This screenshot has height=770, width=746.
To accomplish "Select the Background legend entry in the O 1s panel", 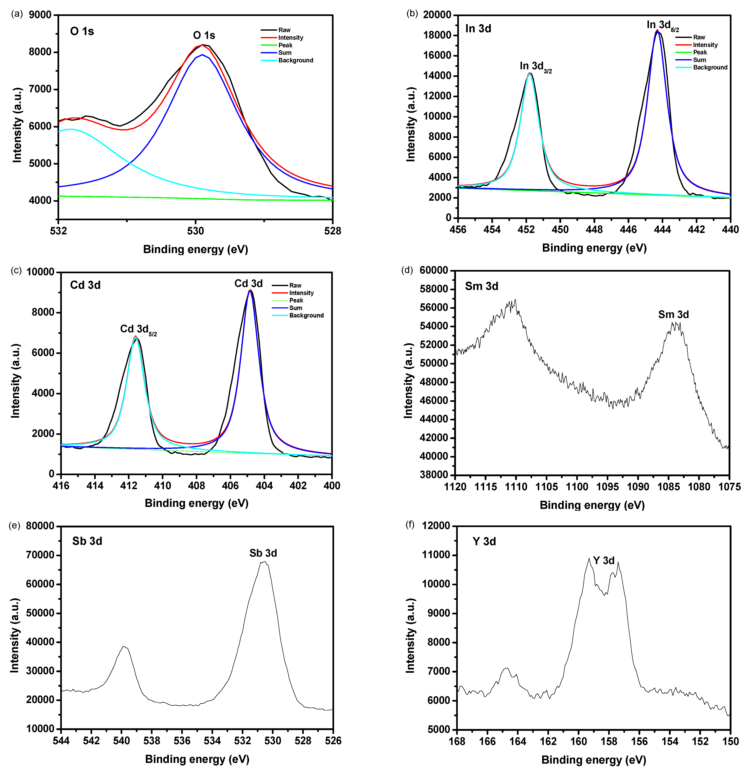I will (x=295, y=60).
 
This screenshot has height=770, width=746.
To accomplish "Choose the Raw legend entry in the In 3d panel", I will (x=699, y=37).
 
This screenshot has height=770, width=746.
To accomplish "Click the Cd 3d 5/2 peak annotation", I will (x=138, y=329).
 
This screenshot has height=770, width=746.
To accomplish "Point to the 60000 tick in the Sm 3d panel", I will (x=433, y=270).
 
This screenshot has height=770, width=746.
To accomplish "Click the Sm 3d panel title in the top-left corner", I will (x=481, y=286).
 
